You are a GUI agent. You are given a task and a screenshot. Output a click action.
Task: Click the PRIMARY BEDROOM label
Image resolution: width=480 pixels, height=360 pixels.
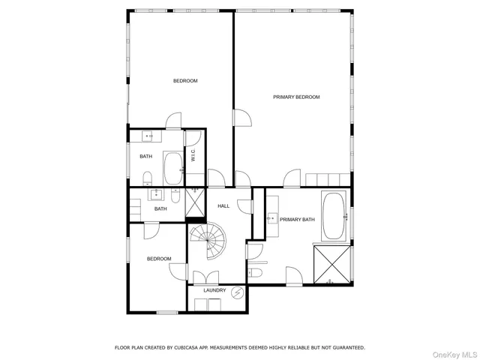click(x=296, y=97)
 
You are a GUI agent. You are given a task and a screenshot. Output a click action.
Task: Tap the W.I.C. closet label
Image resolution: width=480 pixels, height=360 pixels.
click(x=193, y=156)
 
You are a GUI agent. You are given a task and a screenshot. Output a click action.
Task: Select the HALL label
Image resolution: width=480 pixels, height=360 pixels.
click(x=223, y=205)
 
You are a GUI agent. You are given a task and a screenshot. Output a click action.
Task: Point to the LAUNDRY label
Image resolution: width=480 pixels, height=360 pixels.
click(x=214, y=290)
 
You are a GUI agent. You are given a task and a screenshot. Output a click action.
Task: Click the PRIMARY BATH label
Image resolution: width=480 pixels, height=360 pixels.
click(x=298, y=220)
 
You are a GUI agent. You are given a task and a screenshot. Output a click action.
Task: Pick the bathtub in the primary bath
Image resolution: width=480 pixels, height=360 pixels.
click(x=333, y=216)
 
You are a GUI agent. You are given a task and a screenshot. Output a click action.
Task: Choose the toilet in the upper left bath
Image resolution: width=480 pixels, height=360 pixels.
click(x=147, y=178)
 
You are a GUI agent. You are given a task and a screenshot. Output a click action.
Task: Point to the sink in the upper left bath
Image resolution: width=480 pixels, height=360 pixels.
click(x=148, y=136)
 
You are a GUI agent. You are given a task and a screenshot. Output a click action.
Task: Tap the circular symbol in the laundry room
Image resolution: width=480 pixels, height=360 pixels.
click(x=238, y=292)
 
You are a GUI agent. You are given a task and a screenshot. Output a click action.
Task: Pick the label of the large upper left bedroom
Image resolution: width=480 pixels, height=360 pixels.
click(x=185, y=81)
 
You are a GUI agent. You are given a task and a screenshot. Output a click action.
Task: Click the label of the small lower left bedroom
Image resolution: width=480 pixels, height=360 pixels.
click(x=159, y=259)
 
